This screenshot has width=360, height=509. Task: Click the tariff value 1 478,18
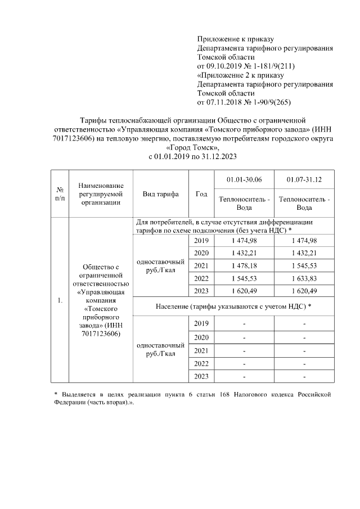click(244, 265)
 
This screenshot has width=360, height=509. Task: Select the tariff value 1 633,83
click(304, 278)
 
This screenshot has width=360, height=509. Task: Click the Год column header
click(201, 194)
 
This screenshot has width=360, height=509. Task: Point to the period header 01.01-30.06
click(244, 179)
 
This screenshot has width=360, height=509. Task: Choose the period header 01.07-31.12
click(304, 179)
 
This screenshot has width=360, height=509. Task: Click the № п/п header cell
click(60, 194)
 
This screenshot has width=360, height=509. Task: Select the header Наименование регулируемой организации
click(101, 194)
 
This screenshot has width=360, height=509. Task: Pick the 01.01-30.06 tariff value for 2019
click(244, 240)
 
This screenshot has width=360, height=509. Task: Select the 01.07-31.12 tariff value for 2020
click(304, 253)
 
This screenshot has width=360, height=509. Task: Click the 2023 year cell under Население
click(201, 376)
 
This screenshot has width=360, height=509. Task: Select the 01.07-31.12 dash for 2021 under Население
click(304, 351)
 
